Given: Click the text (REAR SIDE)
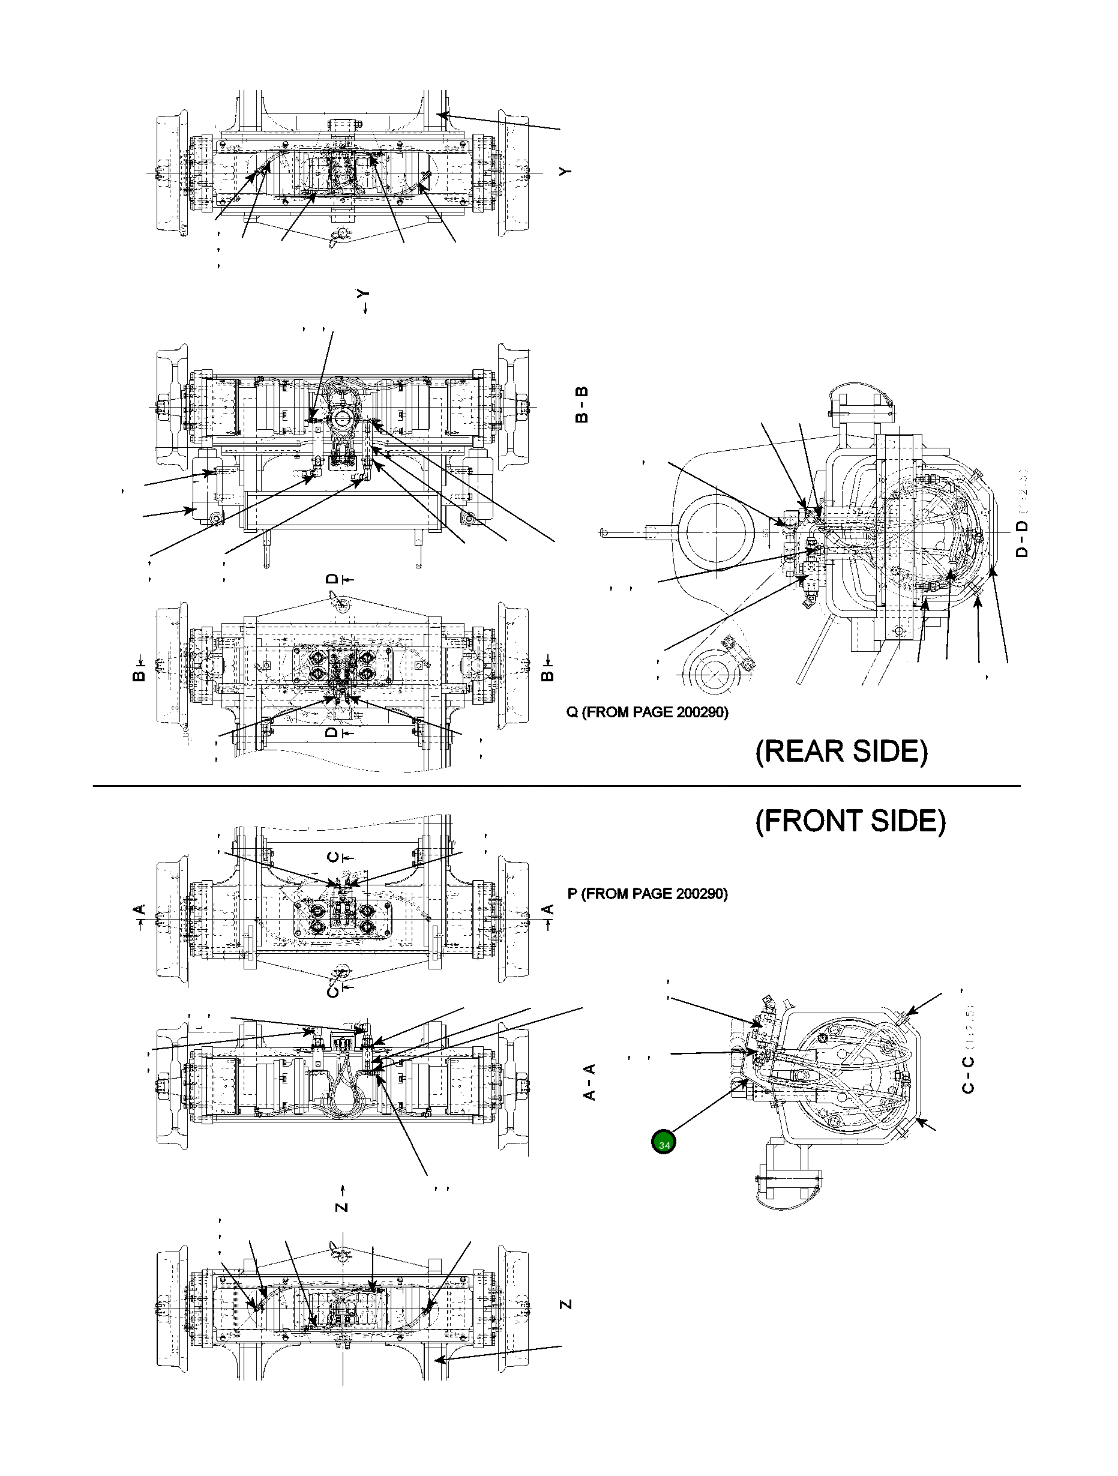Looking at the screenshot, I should click(841, 752).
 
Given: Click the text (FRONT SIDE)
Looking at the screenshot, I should click(850, 821).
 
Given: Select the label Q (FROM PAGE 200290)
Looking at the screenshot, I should click(647, 712).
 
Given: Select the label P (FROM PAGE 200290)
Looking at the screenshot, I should click(647, 894).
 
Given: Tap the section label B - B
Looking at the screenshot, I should click(582, 405).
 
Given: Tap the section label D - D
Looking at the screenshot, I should click(1022, 539).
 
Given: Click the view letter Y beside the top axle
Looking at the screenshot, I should click(566, 172).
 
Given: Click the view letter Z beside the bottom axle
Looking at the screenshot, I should click(566, 1304).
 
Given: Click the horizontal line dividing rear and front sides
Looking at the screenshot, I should click(556, 786).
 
